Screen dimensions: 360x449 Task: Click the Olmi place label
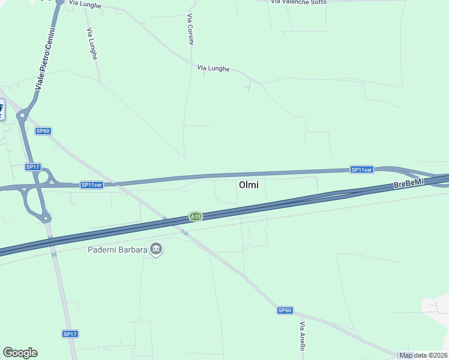pos(249,185)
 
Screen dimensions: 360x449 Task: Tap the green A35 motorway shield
pos(195,217)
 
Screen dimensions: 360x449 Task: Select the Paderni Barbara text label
pos(117,250)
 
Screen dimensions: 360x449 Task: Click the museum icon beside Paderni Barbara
pos(156,248)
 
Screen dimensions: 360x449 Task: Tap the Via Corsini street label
pos(191,29)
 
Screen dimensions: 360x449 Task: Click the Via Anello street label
pos(303,337)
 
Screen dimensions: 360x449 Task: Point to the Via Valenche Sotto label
pos(299,2)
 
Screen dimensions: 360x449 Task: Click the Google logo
pos(20,353)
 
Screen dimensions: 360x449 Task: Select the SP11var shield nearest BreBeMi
pos(363,170)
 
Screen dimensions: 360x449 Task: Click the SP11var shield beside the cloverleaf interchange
pos(92,185)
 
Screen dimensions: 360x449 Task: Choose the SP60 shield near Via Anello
pos(285,310)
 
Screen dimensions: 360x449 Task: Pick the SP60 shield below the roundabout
pos(43,131)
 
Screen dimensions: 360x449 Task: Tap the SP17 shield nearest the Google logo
pos(70,334)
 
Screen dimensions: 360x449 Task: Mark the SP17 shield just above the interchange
pos(32,166)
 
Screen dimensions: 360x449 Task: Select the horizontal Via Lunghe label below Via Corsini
pos(213,68)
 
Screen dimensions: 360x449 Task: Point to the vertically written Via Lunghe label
pos(92,43)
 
